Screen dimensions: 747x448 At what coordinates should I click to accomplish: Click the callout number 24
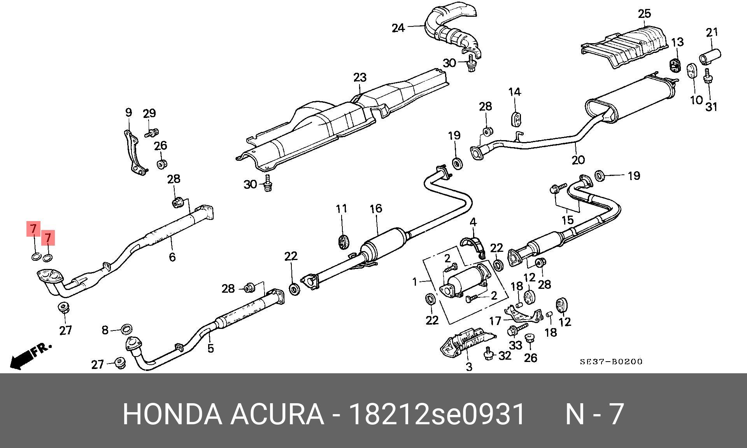click(398, 28)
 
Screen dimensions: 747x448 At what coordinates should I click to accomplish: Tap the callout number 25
click(644, 14)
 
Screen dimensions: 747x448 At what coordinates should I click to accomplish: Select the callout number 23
click(360, 77)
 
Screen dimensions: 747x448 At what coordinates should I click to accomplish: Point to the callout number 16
click(376, 209)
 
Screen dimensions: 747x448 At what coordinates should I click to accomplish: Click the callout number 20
click(578, 160)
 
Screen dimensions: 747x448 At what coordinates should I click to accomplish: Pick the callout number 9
click(128, 113)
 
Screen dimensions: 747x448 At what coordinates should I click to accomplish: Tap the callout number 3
click(469, 366)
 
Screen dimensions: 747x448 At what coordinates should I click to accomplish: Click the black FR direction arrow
click(21, 360)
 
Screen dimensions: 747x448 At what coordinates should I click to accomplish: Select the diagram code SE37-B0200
click(611, 362)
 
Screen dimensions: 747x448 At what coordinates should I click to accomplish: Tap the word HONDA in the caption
click(172, 414)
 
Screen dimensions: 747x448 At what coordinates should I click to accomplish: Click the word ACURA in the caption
click(277, 414)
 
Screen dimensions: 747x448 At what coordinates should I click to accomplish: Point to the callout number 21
click(712, 32)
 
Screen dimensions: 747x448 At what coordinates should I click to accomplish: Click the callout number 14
click(514, 92)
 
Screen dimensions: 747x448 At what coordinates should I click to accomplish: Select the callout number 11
click(341, 209)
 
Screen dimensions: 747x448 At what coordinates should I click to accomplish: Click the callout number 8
click(105, 330)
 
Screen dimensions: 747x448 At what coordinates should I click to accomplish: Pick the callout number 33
click(516, 345)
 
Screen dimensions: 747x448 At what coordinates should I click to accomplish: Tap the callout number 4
click(473, 222)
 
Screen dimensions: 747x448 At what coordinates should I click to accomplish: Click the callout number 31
click(711, 106)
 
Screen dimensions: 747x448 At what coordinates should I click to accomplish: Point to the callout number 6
click(172, 257)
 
